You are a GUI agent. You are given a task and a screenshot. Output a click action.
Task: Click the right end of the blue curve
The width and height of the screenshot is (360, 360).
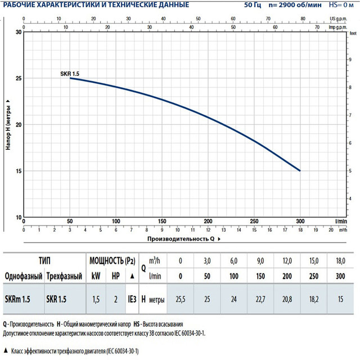coord(300,170)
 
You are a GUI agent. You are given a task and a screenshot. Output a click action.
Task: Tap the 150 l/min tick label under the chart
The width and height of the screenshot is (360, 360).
coord(162,221)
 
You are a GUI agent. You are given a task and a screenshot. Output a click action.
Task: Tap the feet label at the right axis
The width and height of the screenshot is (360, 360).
coord(353,34)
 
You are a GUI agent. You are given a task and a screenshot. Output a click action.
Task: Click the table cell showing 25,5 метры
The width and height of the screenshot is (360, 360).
coord(180,300)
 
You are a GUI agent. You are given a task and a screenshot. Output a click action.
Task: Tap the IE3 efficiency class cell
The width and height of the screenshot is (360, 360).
coord(131,300)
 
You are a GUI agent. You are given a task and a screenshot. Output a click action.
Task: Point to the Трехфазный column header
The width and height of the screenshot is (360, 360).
coord(61,276)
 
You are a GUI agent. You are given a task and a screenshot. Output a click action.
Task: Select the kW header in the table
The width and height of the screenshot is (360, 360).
coord(96,276)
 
